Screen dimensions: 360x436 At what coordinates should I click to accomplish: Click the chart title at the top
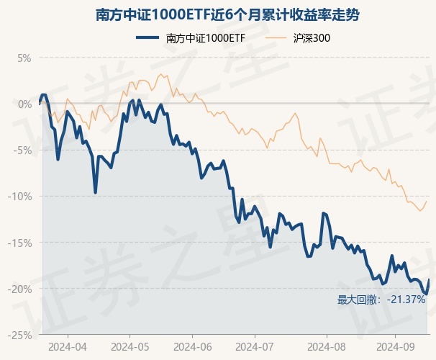pyautogui.click(x=217, y=14)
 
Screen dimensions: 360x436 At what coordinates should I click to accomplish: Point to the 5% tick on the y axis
pyautogui.click(x=25, y=58)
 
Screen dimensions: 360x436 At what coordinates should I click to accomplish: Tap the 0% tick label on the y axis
pyautogui.click(x=25, y=104)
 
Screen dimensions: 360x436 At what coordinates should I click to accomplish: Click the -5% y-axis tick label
pyautogui.click(x=24, y=150)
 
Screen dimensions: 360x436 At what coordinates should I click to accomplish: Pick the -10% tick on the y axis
pyautogui.click(x=22, y=196)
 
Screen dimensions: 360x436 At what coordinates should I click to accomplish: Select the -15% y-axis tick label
pyautogui.click(x=22, y=243)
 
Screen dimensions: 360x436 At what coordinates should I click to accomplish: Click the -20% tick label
pyautogui.click(x=22, y=289)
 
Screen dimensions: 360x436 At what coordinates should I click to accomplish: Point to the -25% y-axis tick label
pyautogui.click(x=22, y=335)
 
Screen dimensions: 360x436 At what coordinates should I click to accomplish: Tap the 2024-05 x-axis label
pyautogui.click(x=130, y=346)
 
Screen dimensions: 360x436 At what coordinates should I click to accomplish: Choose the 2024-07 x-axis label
pyautogui.click(x=256, y=346)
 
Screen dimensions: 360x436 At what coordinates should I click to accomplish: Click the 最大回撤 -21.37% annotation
pyautogui.click(x=381, y=300)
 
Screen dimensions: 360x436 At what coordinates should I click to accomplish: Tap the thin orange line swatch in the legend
pyautogui.click(x=278, y=37)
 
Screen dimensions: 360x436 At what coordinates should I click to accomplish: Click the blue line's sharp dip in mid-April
pyautogui.click(x=95, y=192)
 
